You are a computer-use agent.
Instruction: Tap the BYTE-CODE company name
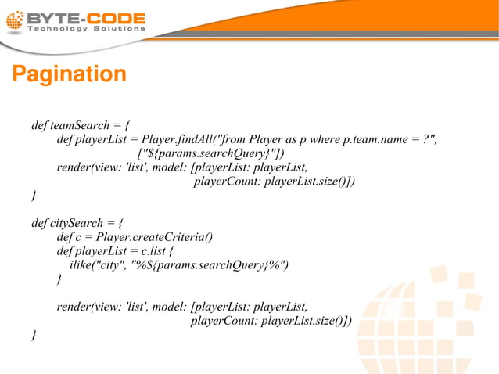[86, 17]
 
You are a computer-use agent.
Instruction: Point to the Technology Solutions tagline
[86, 29]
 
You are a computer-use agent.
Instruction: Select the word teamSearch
[77, 125]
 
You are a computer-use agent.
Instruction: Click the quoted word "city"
[111, 264]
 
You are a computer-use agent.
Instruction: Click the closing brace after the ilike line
[59, 279]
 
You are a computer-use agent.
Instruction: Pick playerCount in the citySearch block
[223, 321]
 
